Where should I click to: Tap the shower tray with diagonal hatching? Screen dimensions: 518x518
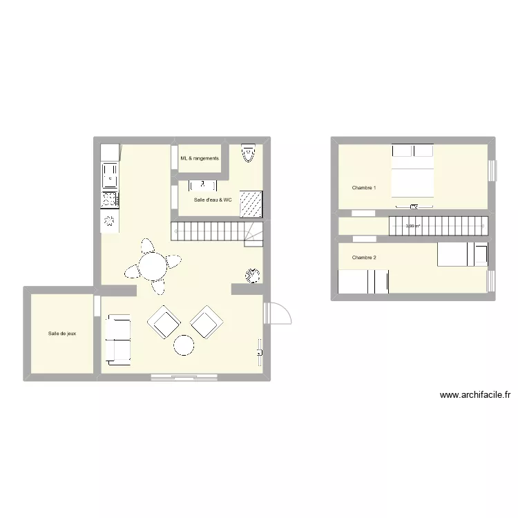253,203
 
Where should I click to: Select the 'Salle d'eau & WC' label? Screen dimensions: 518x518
213,200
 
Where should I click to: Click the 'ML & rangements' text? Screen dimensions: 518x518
200,158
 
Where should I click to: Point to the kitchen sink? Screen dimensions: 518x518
110,175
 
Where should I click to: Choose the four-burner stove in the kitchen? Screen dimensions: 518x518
110,199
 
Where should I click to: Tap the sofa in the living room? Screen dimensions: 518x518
117,339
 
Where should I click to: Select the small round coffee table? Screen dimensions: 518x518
184,345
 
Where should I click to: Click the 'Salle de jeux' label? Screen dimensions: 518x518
62,334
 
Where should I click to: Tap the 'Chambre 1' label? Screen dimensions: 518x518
364,188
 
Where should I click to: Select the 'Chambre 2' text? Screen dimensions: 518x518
364,258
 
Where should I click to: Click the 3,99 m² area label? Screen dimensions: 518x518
413,226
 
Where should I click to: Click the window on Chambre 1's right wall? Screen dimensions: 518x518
492,170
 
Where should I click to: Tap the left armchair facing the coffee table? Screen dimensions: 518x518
164,321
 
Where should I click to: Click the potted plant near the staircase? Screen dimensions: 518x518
251,275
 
